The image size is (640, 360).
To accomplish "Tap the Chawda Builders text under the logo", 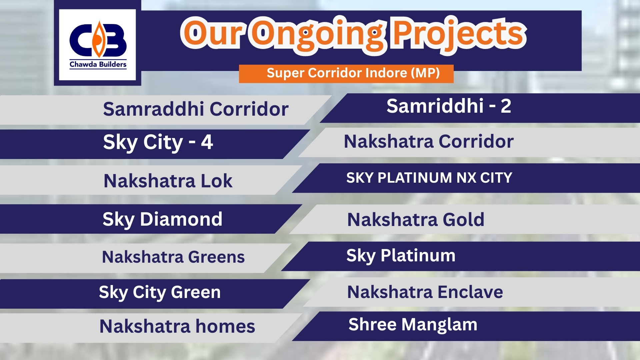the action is (x=98, y=64).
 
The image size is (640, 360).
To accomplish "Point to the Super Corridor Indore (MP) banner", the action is (x=346, y=74).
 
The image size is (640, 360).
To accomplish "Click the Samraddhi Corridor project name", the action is (x=196, y=109).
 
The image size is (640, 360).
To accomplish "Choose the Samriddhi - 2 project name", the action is (x=449, y=106).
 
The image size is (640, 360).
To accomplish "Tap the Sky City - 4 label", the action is (x=158, y=143).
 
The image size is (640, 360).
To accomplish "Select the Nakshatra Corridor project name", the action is (x=429, y=141).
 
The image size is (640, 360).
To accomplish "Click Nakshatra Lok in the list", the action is (x=168, y=181).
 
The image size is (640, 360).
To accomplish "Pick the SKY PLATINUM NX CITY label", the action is (x=429, y=178).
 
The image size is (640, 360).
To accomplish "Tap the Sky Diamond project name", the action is (x=162, y=220).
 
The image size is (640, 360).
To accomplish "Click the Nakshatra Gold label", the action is (x=416, y=220).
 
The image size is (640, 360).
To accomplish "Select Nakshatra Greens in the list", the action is (x=173, y=257).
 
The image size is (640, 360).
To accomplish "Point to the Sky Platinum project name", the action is (x=401, y=256).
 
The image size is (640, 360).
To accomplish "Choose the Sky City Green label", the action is (x=160, y=293).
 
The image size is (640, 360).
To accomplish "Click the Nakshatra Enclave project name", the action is (x=425, y=292).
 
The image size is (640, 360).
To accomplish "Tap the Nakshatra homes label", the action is (x=177, y=326).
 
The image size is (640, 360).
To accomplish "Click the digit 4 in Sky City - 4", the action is (x=207, y=142).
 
